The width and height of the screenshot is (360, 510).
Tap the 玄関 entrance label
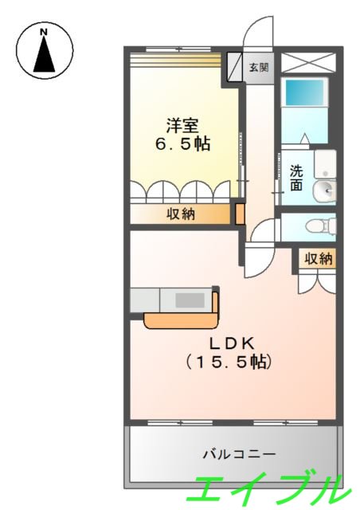click(x=258, y=68)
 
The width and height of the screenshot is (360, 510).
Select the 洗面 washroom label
click(x=296, y=177)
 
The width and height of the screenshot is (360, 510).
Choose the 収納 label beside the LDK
click(x=318, y=259)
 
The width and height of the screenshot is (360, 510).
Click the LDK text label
click(x=231, y=343)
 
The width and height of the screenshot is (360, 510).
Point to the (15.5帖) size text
click(x=230, y=363)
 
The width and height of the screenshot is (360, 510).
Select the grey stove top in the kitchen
click(x=189, y=300)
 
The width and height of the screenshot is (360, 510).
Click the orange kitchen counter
click(x=182, y=320)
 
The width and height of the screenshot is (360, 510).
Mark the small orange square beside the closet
click(x=238, y=214)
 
